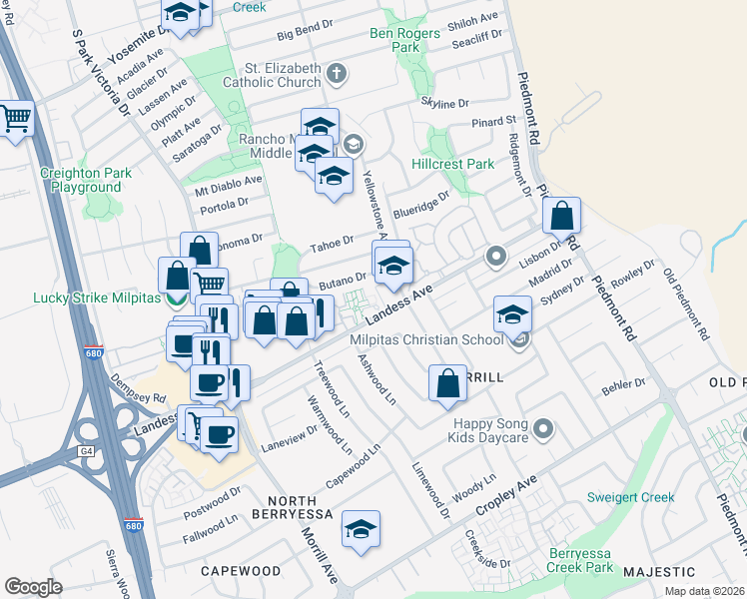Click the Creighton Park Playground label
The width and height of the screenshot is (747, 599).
(86, 180)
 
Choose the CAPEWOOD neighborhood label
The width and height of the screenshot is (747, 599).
(240, 570)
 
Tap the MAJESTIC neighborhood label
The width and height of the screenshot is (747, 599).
(659, 572)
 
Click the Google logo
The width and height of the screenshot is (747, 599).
(33, 586)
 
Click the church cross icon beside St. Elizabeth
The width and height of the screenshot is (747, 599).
(337, 73)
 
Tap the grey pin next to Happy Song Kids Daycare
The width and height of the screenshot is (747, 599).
(543, 429)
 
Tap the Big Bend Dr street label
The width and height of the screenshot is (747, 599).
(305, 34)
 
